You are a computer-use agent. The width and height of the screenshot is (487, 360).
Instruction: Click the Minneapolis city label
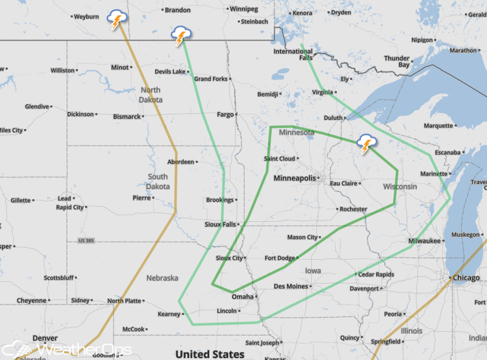(295, 178)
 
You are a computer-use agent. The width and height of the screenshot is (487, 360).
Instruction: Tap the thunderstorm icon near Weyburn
(117, 20)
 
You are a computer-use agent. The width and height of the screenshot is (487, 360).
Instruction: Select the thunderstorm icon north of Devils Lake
(180, 36)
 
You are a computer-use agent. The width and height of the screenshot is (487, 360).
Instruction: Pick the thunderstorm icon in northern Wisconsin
(366, 144)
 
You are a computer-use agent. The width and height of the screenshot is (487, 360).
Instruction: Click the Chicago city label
(466, 278)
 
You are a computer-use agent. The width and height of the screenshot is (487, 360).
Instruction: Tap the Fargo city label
(225, 114)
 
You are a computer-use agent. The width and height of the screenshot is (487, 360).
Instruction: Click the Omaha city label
(242, 297)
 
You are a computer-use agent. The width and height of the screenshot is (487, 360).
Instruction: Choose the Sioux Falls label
(219, 224)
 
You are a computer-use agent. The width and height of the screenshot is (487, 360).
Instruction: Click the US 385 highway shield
(86, 241)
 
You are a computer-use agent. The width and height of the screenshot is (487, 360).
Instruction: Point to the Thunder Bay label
(396, 61)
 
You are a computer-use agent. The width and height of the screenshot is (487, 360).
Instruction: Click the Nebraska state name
(162, 278)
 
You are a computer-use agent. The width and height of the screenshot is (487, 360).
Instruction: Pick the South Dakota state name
(157, 181)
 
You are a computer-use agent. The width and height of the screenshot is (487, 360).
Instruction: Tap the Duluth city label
(333, 117)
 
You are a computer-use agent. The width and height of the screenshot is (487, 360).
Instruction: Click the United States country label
(210, 353)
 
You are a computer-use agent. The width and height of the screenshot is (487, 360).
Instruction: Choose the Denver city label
(44, 338)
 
